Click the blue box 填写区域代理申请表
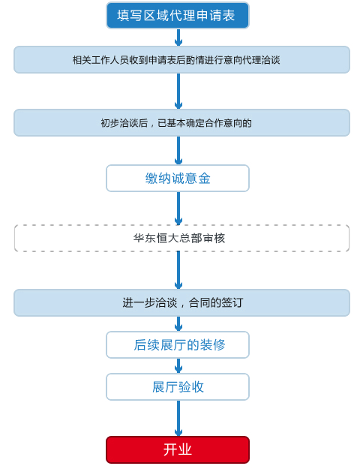tap(178, 15)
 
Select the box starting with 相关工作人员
tap(182, 59)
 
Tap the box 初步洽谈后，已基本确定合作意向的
tap(182, 123)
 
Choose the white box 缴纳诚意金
tap(178, 178)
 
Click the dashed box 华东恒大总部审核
tap(182, 238)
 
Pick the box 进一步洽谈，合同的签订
tap(182, 303)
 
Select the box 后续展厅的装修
tap(178, 345)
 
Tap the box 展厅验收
tap(178, 387)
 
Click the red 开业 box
tap(178, 449)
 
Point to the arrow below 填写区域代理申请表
tap(178, 38)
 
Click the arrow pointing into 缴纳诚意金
tap(178, 151)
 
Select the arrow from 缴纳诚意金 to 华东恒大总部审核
tap(178, 209)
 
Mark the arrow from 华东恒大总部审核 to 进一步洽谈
tap(178, 270)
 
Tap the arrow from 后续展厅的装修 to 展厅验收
tap(178, 366)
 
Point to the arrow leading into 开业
tap(178, 419)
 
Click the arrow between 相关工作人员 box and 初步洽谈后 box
tap(178, 92)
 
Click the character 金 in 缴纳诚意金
tap(204, 179)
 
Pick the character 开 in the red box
tap(170, 449)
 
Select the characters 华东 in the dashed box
tap(144, 238)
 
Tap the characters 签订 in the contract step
tap(232, 303)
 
